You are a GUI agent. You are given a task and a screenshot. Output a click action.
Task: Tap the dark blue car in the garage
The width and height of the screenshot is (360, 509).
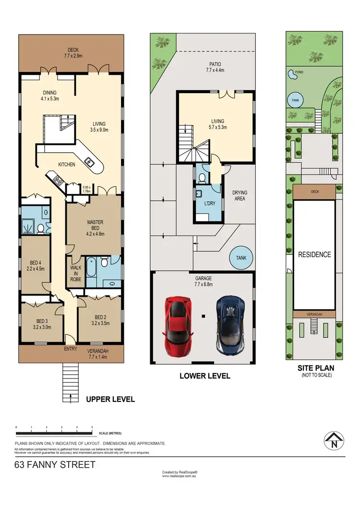click(x=229, y=325)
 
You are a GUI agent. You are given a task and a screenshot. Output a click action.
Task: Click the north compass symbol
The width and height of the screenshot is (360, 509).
click(x=333, y=440)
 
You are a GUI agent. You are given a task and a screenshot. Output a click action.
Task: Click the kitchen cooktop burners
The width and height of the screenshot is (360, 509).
click(x=59, y=181)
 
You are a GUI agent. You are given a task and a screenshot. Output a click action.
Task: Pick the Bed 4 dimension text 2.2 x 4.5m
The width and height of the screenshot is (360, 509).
click(x=35, y=269)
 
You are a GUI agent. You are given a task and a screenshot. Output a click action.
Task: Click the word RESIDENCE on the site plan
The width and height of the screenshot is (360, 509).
click(x=314, y=254)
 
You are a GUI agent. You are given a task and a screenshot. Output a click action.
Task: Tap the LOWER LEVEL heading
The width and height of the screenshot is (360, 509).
click(x=204, y=376)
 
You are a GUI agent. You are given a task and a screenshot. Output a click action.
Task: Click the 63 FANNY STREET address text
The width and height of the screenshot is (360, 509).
click(x=55, y=464)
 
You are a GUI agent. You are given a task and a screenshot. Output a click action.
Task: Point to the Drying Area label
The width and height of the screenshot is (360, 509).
click(x=240, y=195)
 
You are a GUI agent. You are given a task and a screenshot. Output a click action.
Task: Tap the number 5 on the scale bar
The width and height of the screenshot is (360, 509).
click(x=92, y=426)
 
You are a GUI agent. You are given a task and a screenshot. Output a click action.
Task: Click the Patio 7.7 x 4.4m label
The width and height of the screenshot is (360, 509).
click(x=215, y=67)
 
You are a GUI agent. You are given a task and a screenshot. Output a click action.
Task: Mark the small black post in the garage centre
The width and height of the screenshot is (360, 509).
click(x=204, y=316)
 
